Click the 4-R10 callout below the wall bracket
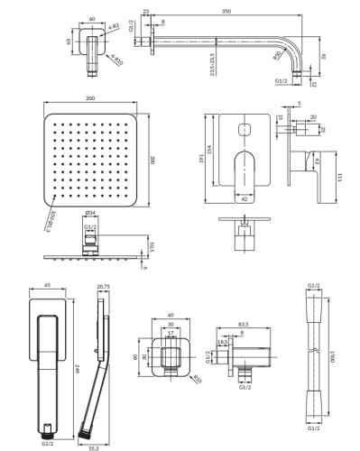[x=113, y=61]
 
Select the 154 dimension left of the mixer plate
[x=210, y=149]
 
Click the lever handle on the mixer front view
[x=243, y=171]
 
